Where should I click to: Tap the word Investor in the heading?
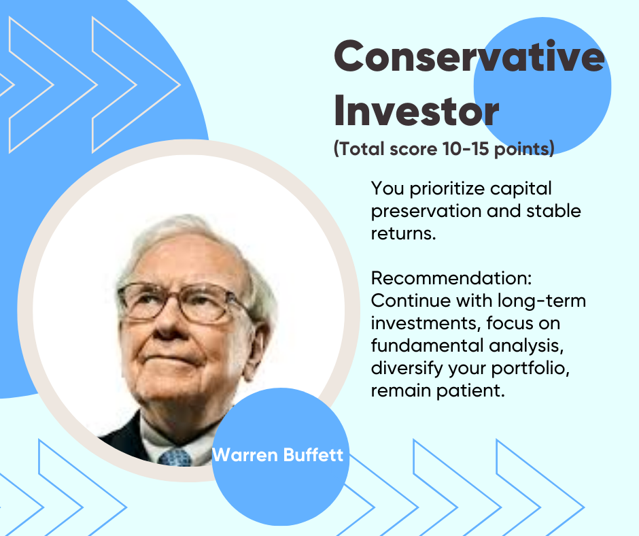417,111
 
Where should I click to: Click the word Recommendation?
451,278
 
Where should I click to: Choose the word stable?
553,211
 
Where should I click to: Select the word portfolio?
530,369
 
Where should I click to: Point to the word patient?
470,391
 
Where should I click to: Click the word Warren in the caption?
245,455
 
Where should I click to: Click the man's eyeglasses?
184,303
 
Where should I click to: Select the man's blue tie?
175,458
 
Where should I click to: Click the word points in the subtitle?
524,149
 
